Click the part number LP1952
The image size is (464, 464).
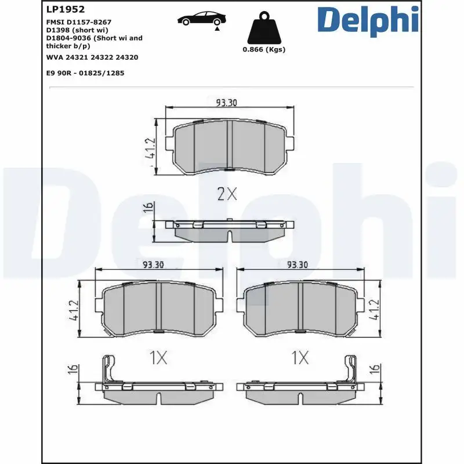(65, 9)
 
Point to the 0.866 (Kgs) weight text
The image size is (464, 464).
(264, 50)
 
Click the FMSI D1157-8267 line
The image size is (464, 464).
(78, 21)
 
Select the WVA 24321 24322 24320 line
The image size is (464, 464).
(92, 57)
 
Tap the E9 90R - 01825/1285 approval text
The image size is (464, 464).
(85, 73)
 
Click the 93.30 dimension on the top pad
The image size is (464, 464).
(227, 103)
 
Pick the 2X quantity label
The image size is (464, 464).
(227, 194)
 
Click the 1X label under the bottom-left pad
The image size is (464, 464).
(157, 358)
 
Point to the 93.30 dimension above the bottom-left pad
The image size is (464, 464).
(153, 264)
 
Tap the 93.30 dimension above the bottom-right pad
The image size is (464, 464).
(298, 264)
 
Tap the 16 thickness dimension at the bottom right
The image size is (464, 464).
(374, 369)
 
